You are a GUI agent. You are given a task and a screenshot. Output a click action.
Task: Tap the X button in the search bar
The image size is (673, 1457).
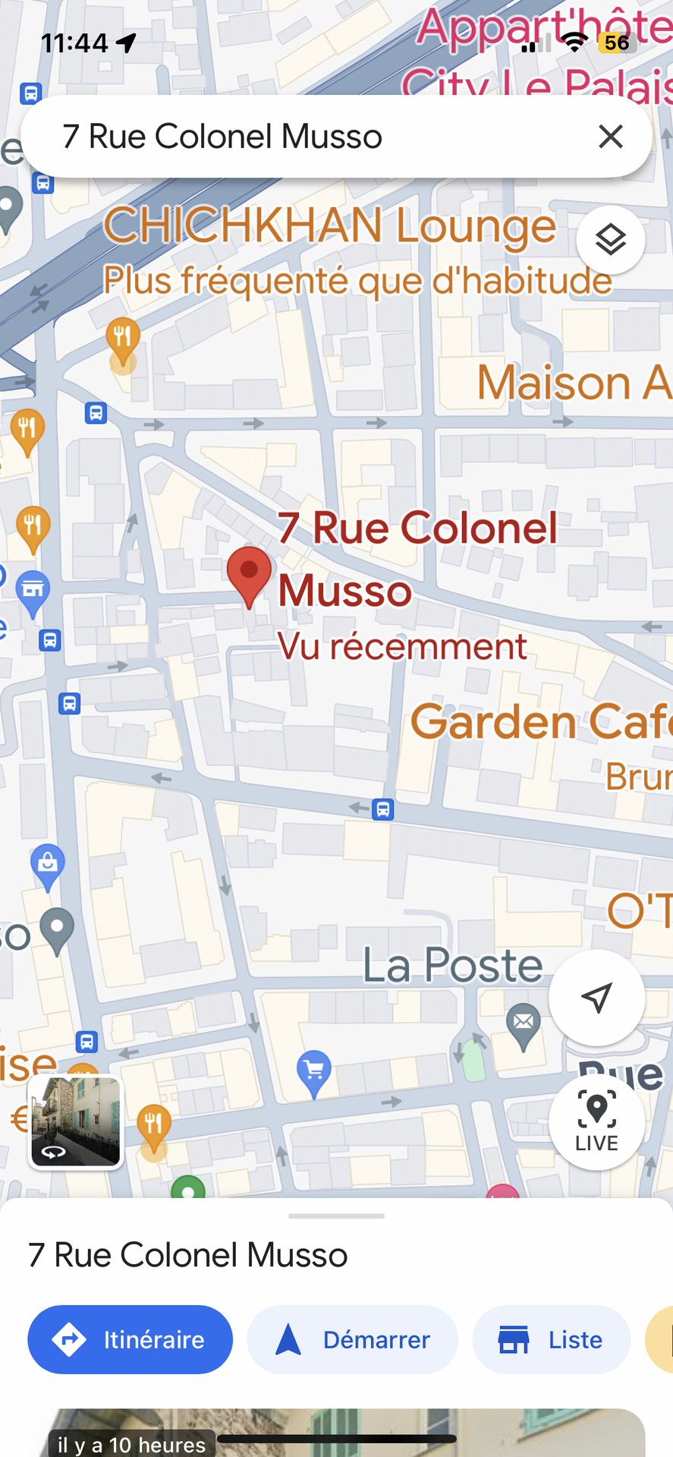click(610, 137)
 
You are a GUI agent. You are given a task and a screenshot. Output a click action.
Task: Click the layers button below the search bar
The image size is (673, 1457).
click(610, 240)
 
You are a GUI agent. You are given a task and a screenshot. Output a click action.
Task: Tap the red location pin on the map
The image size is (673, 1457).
click(249, 574)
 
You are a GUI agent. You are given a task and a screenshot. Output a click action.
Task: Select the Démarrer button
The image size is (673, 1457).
click(352, 1340)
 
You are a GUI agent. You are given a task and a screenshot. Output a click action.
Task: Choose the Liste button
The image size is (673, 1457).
click(551, 1340)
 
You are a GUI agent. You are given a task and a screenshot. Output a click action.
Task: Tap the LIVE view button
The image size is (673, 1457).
click(596, 1121)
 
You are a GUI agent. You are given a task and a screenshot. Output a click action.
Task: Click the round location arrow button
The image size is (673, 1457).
click(596, 998)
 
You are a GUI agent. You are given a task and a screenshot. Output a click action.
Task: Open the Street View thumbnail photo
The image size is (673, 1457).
click(75, 1121)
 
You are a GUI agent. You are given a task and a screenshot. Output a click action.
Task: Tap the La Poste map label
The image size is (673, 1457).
click(453, 965)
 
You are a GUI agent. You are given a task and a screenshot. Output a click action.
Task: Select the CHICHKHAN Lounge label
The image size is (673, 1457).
click(329, 226)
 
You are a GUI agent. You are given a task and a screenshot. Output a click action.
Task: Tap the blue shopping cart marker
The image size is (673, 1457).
click(314, 1071)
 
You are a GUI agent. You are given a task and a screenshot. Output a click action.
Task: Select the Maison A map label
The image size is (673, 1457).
click(574, 383)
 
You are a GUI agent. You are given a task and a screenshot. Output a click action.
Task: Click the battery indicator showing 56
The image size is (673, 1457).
click(616, 43)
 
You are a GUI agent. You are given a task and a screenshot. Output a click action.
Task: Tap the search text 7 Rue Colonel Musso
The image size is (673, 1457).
click(222, 137)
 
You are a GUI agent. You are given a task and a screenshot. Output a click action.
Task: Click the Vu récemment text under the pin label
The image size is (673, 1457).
click(401, 647)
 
